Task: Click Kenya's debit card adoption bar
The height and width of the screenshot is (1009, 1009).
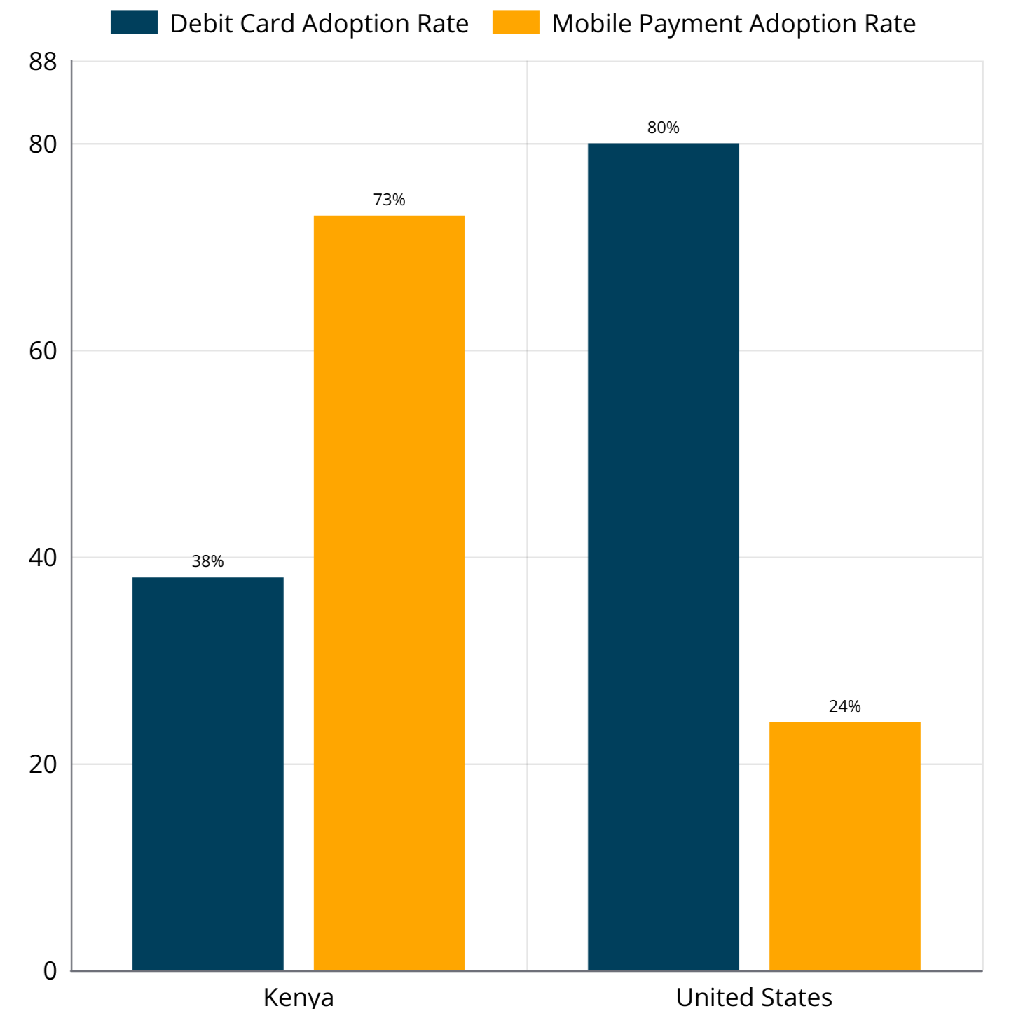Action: tap(207, 774)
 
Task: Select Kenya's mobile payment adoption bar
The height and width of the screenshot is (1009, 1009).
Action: tap(389, 593)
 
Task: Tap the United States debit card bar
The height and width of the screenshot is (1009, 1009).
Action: tap(663, 556)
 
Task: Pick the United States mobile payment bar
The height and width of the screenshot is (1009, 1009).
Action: tap(844, 846)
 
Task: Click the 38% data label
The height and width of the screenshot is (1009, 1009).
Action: tap(207, 561)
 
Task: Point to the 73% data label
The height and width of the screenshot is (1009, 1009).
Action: tap(389, 200)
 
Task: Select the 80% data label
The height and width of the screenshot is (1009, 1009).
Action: tap(663, 128)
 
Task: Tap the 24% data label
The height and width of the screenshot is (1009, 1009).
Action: tap(844, 706)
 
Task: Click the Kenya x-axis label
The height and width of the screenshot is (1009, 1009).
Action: tap(298, 996)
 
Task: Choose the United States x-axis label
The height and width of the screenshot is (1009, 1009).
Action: tap(754, 996)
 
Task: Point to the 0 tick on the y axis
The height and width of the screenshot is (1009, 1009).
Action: tap(50, 971)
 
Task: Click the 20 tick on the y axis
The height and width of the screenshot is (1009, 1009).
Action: tap(43, 764)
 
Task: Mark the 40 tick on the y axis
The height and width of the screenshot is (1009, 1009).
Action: tap(43, 558)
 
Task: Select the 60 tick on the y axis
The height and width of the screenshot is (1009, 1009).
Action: tap(43, 350)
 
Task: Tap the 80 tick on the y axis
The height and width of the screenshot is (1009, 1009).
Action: tap(43, 144)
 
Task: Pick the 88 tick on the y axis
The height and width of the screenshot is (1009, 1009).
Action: tap(43, 62)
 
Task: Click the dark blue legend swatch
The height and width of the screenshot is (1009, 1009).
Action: tap(135, 22)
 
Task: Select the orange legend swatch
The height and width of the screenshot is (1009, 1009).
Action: tap(516, 22)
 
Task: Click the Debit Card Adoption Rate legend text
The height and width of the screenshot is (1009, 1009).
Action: tap(319, 24)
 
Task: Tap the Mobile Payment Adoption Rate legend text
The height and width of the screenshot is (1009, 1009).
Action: tap(734, 24)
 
